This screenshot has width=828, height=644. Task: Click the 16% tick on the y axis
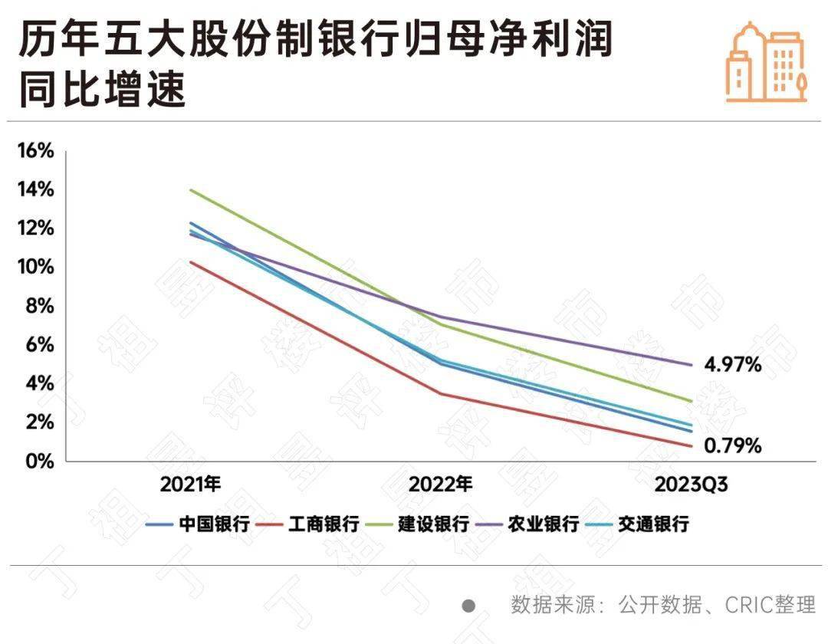[x=36, y=150]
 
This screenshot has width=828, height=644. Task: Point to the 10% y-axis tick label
[x=36, y=267]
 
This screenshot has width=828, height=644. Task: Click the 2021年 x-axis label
[x=191, y=485]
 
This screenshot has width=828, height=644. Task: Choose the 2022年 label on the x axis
[x=441, y=485]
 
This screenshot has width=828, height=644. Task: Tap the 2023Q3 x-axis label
[x=690, y=485]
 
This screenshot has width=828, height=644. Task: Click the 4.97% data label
[x=732, y=365]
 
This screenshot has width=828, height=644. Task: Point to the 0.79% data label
[x=732, y=445]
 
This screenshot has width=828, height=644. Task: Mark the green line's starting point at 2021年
[x=190, y=189]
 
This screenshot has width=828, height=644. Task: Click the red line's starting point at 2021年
[x=190, y=261]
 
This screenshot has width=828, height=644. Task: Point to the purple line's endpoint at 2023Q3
[x=692, y=365]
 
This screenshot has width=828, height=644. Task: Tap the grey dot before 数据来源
[x=468, y=606]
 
